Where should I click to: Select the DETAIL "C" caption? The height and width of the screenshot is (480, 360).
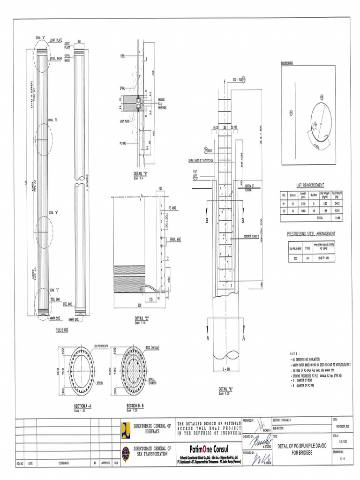pos(141,319)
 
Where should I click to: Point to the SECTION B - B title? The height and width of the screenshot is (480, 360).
pos(135,405)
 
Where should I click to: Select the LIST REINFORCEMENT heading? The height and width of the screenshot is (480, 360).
pos(307,185)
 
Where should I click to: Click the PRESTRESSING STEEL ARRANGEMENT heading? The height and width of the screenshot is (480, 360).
pos(311,233)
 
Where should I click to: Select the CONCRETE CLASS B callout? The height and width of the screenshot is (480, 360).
pos(252,237)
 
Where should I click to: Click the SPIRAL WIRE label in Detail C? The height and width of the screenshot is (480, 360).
pos(175,239)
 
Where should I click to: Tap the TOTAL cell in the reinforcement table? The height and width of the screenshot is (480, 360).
pos(320,218)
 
